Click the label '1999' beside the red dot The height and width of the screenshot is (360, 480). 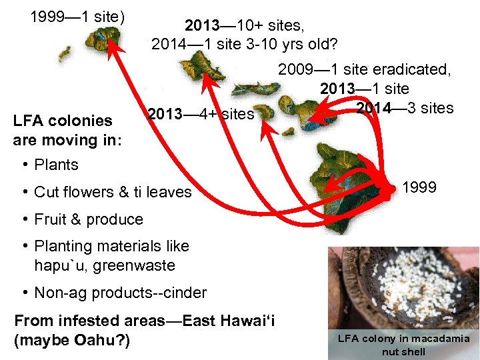tap(419, 187)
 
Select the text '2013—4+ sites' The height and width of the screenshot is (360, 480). tap(201, 114)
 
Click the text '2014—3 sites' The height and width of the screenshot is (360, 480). tap(405, 108)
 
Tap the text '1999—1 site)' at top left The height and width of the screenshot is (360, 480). tap(77, 16)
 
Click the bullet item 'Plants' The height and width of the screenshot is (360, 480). tap(56, 165)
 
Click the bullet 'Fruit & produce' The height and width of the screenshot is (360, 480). tap(88, 219)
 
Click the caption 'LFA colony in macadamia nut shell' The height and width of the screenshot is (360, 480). tap(403, 345)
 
